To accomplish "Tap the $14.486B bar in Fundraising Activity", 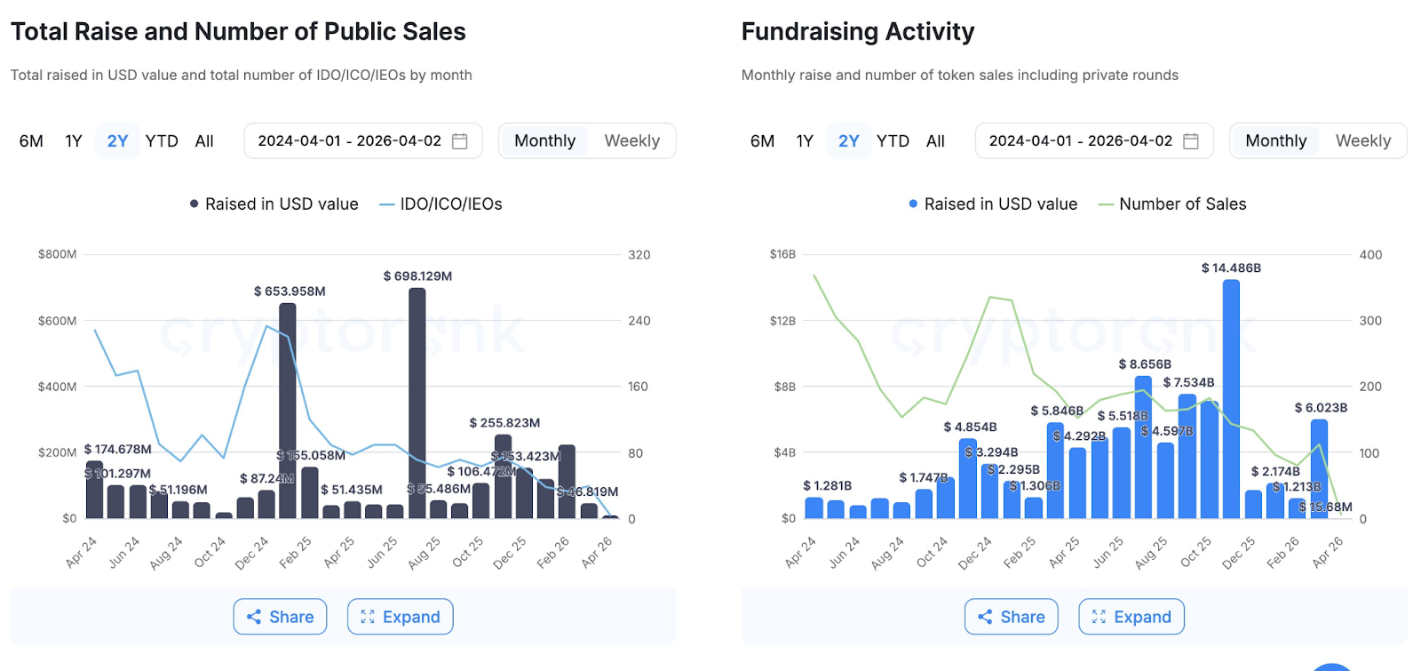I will click(x=1231, y=400).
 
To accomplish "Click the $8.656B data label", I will click(x=1145, y=364).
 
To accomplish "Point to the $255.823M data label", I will click(x=504, y=423).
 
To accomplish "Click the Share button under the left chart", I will click(x=280, y=617).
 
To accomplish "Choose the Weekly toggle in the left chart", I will click(x=631, y=140).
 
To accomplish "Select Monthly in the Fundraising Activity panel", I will click(x=1275, y=140).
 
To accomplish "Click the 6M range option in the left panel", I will click(x=31, y=140).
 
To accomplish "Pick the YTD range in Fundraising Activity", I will click(x=893, y=140).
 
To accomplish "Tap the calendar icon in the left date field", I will click(x=460, y=140).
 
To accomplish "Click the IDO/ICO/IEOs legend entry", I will click(x=441, y=204).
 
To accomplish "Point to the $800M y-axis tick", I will click(x=58, y=254).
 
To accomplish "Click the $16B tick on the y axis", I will click(x=782, y=254).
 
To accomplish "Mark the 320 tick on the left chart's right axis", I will click(x=639, y=255).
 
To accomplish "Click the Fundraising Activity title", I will click(x=858, y=32).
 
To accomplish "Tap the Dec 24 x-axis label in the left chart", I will click(x=252, y=552).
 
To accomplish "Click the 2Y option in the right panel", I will click(x=848, y=140).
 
